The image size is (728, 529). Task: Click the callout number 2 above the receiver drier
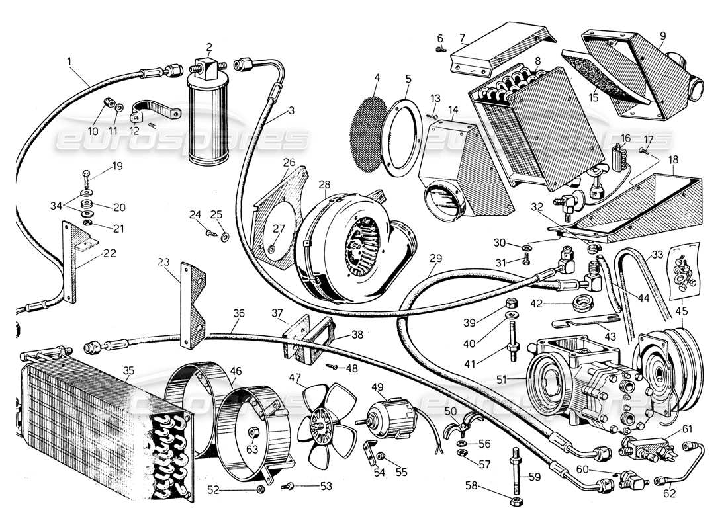point(209,47)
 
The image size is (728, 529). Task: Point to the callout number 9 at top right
point(662,34)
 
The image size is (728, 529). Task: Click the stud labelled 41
point(513,350)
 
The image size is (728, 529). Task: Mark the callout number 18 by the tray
point(672,160)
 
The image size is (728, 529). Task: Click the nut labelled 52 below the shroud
point(260,489)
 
